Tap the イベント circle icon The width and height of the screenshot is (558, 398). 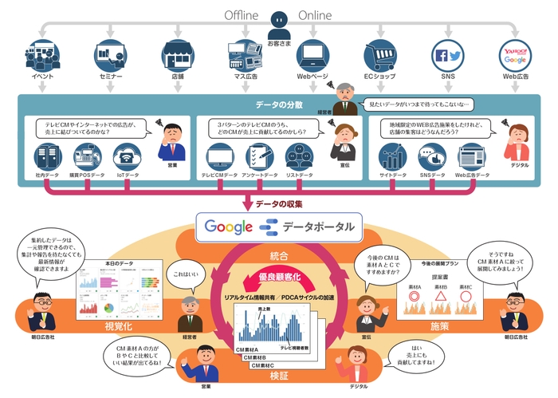[x=41, y=55]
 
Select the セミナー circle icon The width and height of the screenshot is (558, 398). [x=108, y=55]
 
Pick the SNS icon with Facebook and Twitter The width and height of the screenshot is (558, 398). [x=448, y=55]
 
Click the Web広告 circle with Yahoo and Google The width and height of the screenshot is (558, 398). [x=515, y=55]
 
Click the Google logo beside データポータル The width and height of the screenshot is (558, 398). [x=229, y=226]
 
